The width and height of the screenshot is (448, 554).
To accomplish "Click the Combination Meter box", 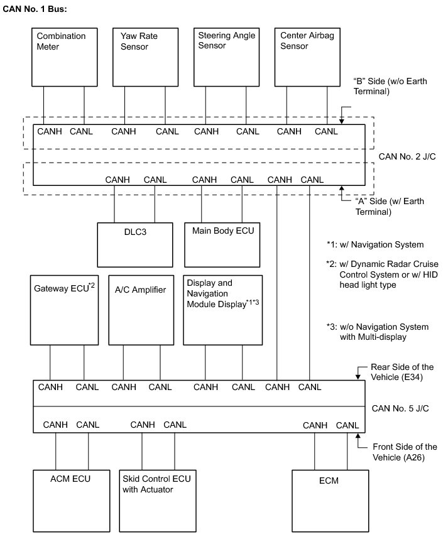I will pos(65,56).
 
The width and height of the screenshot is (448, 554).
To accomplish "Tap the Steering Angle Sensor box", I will pos(226,56).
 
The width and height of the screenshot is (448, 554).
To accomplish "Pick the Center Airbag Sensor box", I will pos(307,56).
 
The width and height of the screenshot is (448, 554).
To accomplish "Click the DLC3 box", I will pos(135,244).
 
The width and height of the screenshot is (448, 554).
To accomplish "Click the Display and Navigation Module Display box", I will pos(222,310).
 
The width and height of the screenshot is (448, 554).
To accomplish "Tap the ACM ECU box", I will pos(70,499).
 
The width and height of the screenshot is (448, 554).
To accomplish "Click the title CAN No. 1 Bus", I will pos(35,11).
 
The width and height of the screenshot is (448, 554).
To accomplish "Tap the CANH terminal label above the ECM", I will pos(315,425).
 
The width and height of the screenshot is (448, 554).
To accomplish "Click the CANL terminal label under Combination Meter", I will pos(82,131).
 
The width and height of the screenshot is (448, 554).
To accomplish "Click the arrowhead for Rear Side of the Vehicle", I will pos(358,377).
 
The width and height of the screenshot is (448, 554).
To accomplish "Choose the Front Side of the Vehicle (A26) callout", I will pos(403,452).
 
